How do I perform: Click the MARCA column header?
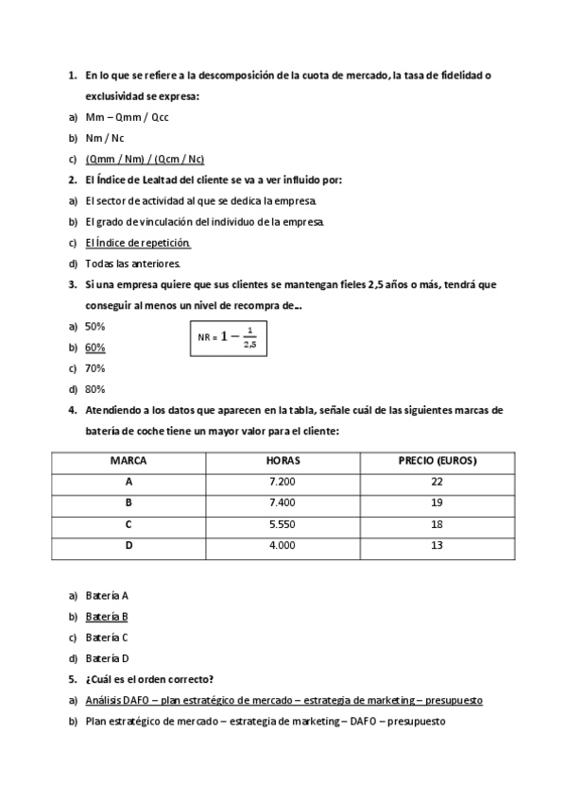(128, 461)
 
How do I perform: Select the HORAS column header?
(283, 461)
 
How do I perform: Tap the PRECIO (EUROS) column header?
(437, 461)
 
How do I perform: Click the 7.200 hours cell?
(283, 482)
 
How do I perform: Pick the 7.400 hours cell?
(283, 503)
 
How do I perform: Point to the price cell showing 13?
(437, 545)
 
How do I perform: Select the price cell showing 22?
(437, 482)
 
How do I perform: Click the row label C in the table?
(128, 524)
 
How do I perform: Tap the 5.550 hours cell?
(283, 524)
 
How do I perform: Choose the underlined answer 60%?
(94, 347)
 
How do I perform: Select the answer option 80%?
(94, 388)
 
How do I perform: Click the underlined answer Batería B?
(106, 617)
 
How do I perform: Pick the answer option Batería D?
(106, 658)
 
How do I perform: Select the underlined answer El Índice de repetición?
(130, 242)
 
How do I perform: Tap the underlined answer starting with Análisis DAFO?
(283, 700)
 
